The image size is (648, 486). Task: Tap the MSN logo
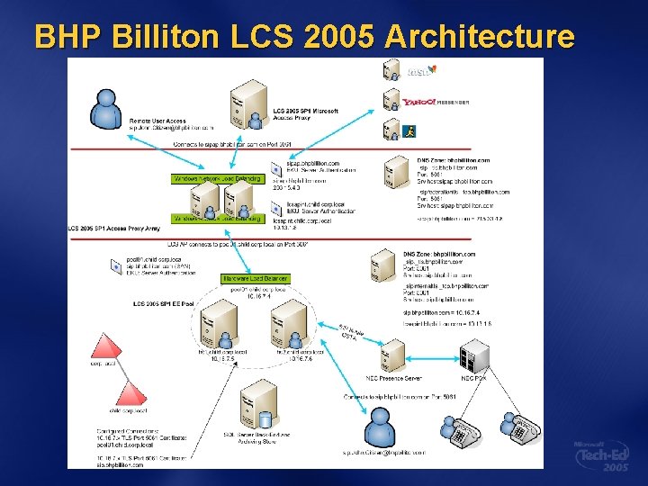(420, 70)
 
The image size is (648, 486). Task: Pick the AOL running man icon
(410, 131)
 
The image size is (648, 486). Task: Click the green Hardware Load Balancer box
(244, 279)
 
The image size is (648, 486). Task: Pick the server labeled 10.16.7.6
(288, 325)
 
